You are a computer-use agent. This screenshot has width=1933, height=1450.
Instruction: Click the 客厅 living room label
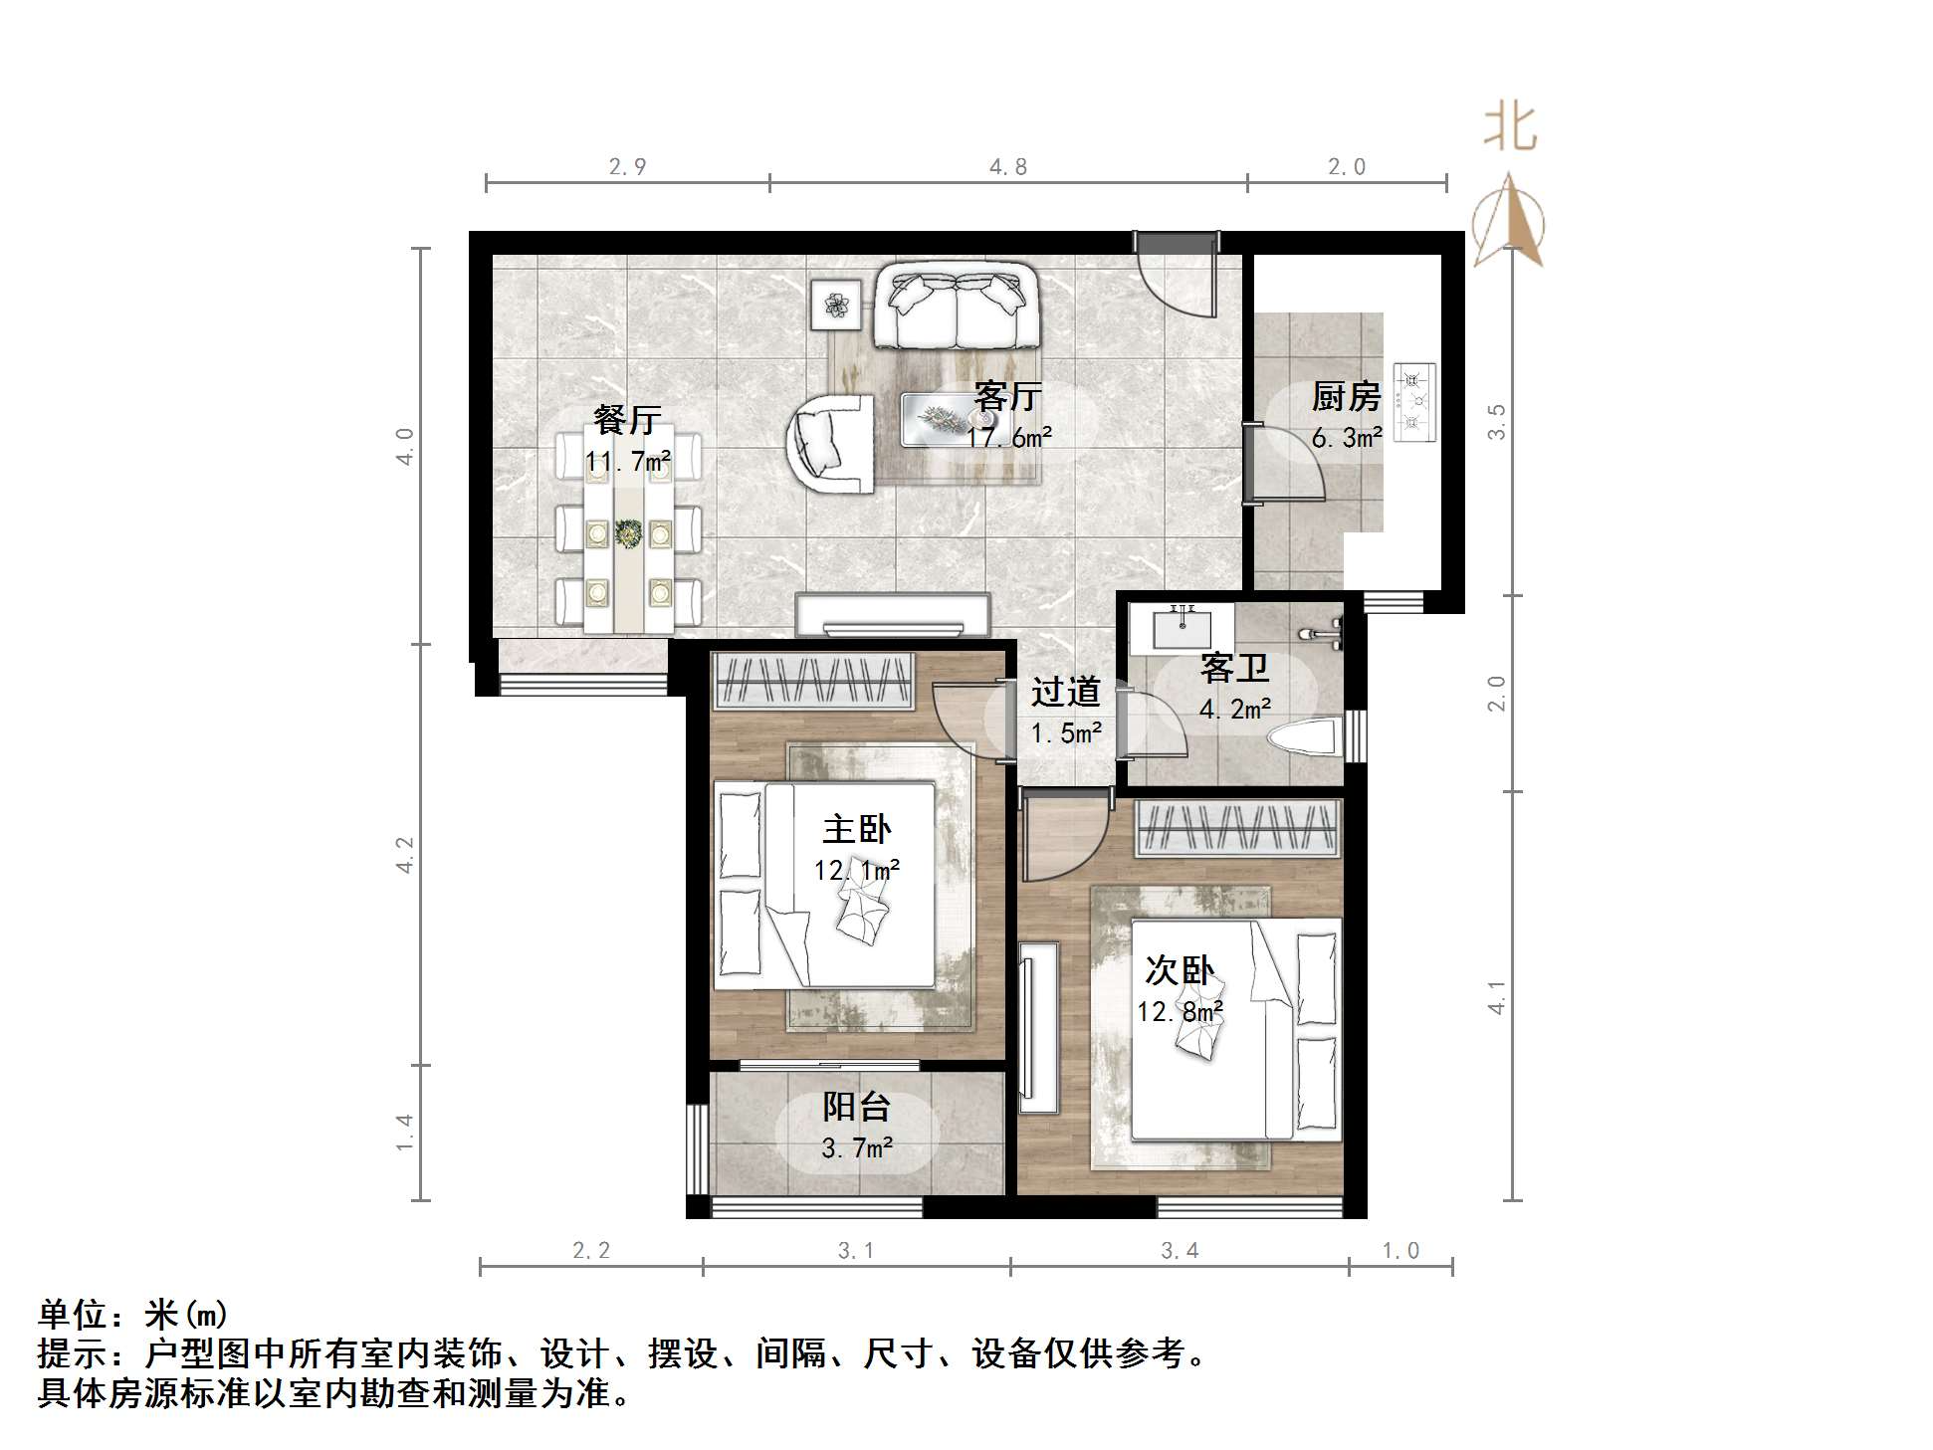pos(1007,397)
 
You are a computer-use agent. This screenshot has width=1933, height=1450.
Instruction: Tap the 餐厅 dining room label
pos(626,420)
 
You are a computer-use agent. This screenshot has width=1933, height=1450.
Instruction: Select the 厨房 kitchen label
pos(1346,397)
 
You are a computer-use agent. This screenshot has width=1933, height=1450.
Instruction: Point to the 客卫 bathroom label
pos(1234,668)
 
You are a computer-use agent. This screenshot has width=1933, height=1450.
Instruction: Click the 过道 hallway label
pos(1065,692)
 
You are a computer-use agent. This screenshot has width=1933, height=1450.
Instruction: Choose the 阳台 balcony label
pos(856,1107)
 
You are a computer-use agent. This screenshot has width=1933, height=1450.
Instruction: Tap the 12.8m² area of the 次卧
pos(1180,1012)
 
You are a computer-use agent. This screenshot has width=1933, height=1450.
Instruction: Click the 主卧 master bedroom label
pos(856,829)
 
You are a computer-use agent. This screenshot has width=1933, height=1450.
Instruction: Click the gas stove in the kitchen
pos(1414,402)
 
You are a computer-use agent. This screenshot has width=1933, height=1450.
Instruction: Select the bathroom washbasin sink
pos(1182,626)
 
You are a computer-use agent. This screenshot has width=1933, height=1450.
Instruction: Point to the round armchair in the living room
pos(830,443)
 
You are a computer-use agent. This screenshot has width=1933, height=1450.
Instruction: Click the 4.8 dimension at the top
pos(1007,167)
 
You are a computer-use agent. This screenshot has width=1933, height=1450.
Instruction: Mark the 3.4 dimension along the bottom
pos(1180,1251)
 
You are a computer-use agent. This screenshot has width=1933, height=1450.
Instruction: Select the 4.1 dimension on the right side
pos(1496,997)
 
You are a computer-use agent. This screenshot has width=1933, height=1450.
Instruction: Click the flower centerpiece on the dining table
pos(628,533)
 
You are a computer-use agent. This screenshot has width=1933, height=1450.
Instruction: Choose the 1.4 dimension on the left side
pos(404,1133)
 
